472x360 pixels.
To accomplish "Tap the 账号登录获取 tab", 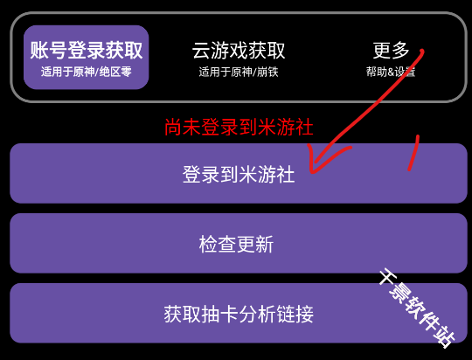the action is (86, 57).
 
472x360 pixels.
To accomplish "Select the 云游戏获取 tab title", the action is (239, 51).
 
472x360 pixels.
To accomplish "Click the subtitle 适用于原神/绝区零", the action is (86, 72).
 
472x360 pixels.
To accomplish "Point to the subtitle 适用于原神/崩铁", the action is (239, 72).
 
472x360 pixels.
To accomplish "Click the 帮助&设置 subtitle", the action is (391, 72).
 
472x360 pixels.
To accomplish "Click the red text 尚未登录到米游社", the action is (239, 127).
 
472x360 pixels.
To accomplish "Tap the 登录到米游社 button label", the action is (239, 174).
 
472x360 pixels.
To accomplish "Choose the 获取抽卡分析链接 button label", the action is (239, 314).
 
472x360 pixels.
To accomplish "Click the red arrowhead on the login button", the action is (313, 169).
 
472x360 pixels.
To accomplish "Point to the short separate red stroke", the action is (413, 153).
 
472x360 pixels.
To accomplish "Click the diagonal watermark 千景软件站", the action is (417, 308).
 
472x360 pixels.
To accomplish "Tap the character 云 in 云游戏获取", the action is (201, 51).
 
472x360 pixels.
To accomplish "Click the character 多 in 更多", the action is (400, 50).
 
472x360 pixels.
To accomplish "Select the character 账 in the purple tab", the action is (39, 50).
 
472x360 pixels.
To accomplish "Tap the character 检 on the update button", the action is (208, 244).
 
